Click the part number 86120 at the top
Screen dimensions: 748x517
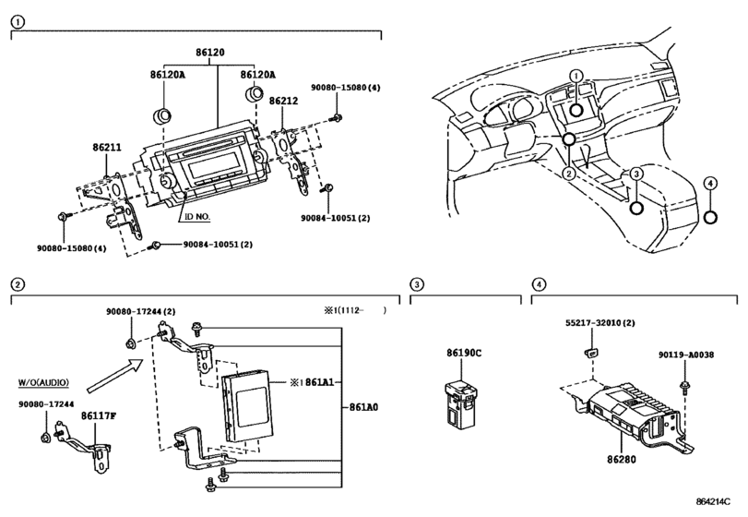(x=210, y=52)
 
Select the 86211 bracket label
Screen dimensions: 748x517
(x=107, y=148)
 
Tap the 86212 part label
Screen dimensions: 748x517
(x=283, y=101)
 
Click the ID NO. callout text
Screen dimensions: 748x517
(x=197, y=217)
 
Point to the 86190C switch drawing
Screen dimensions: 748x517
(x=460, y=402)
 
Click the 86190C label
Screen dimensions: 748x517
(x=464, y=354)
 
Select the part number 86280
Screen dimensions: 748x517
(x=622, y=459)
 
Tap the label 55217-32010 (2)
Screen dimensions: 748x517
(x=600, y=323)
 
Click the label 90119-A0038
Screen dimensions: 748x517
(x=686, y=355)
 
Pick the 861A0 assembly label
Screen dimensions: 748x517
(x=363, y=407)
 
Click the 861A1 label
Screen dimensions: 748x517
(x=320, y=382)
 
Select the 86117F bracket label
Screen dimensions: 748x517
(x=99, y=415)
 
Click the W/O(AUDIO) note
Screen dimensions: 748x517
(x=43, y=382)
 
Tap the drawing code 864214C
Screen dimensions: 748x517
(x=713, y=501)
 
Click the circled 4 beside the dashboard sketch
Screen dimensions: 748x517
(x=710, y=183)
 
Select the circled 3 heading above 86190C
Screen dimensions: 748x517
(x=417, y=284)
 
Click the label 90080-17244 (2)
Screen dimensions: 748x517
(x=141, y=312)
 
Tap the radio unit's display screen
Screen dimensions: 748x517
(x=211, y=166)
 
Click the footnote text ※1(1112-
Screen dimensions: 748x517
(x=344, y=310)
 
